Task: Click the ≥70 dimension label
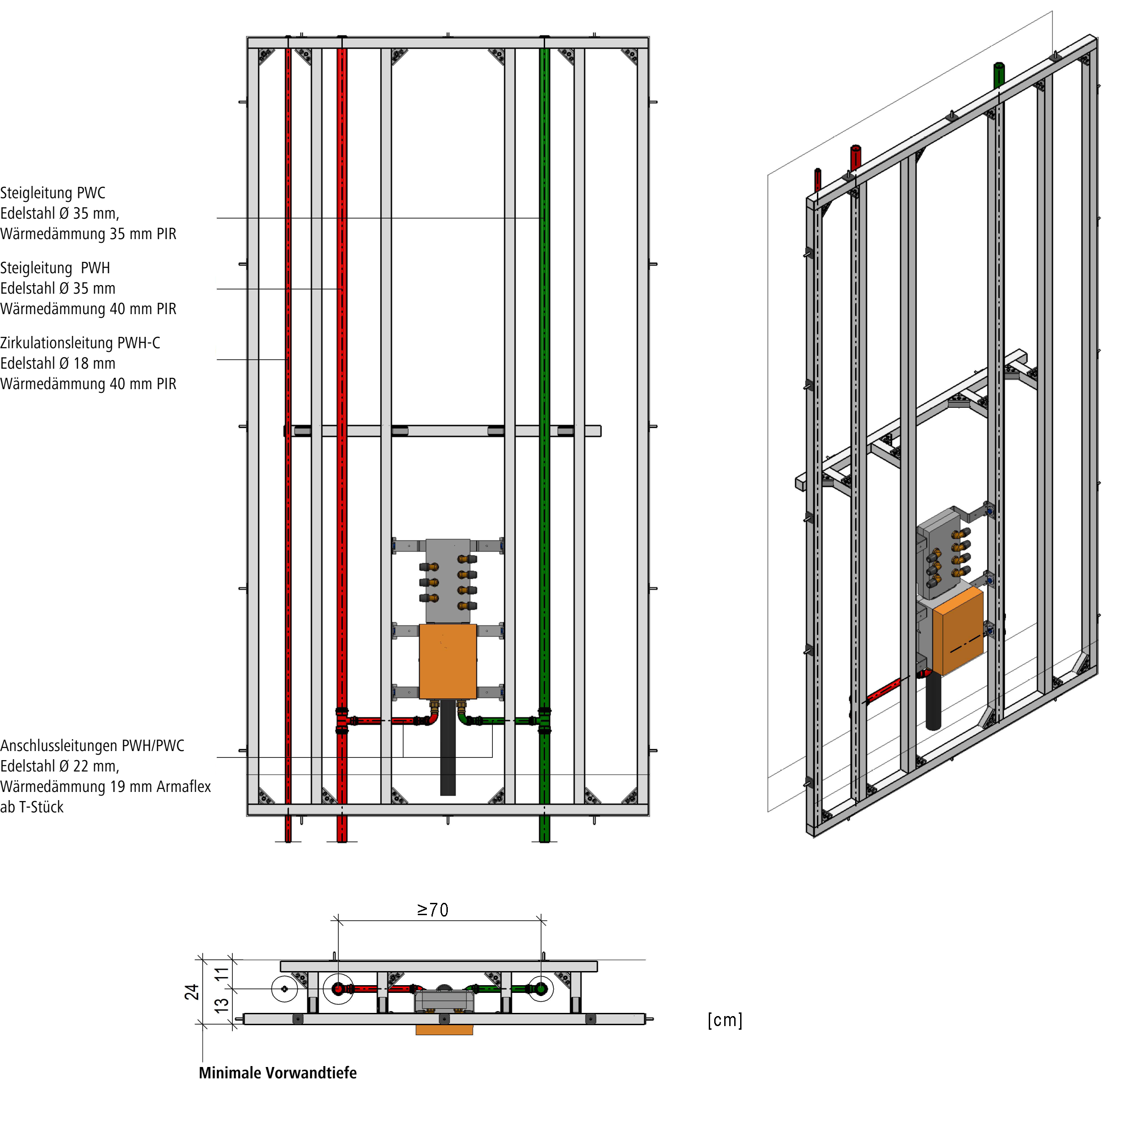(x=433, y=910)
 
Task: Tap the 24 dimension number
(x=192, y=992)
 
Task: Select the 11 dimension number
(x=221, y=974)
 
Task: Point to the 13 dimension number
(x=221, y=1005)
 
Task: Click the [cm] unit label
(x=725, y=1020)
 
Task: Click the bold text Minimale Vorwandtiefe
(x=278, y=1073)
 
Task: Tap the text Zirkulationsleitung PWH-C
(x=80, y=343)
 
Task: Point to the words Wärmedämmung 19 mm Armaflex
(x=105, y=786)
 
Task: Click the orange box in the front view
(x=448, y=661)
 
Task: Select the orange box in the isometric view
(x=958, y=631)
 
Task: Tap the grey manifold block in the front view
(x=448, y=581)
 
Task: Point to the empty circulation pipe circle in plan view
(x=285, y=989)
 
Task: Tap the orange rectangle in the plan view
(x=444, y=1030)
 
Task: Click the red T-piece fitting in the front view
(x=342, y=721)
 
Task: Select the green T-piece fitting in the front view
(x=544, y=721)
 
